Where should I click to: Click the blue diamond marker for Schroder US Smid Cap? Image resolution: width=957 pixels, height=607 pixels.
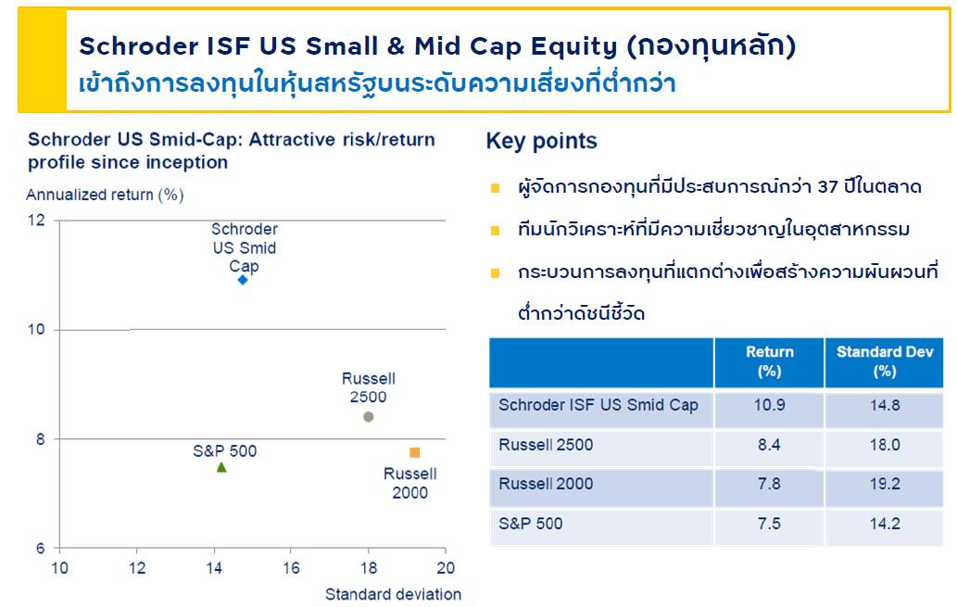click(x=243, y=280)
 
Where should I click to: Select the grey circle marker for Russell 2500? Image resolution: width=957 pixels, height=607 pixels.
click(x=368, y=417)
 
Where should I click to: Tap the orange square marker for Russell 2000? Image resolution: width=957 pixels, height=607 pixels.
click(x=414, y=452)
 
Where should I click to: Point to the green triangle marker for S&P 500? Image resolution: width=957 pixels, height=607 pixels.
click(x=221, y=467)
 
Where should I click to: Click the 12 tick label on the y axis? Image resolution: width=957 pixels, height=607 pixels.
click(x=37, y=220)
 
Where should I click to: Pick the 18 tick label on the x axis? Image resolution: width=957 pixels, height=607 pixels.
click(x=369, y=568)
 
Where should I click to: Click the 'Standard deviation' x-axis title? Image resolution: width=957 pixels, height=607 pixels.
click(x=393, y=594)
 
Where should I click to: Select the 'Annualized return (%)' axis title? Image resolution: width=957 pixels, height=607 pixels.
click(x=105, y=195)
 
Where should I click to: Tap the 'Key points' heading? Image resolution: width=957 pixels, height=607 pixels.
click(x=541, y=141)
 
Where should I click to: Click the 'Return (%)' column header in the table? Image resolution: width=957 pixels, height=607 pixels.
click(x=770, y=361)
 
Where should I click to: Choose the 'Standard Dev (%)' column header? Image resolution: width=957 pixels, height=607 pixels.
click(x=885, y=361)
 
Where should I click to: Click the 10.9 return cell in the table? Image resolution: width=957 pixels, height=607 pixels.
click(x=769, y=405)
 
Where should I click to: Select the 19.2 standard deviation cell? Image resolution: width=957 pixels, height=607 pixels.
click(x=885, y=485)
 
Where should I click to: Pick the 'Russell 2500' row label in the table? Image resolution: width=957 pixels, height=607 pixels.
click(x=546, y=445)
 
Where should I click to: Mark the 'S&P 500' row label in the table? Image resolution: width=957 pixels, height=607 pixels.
click(x=530, y=524)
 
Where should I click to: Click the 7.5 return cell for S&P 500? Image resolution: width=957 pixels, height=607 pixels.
click(x=769, y=524)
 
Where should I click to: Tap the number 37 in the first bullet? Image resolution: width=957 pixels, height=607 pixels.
click(x=828, y=186)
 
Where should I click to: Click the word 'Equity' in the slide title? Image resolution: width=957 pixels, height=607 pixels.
click(x=574, y=47)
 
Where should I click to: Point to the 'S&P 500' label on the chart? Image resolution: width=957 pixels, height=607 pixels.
click(x=224, y=451)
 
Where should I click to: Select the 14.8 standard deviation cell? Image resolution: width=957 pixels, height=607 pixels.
click(x=885, y=405)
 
